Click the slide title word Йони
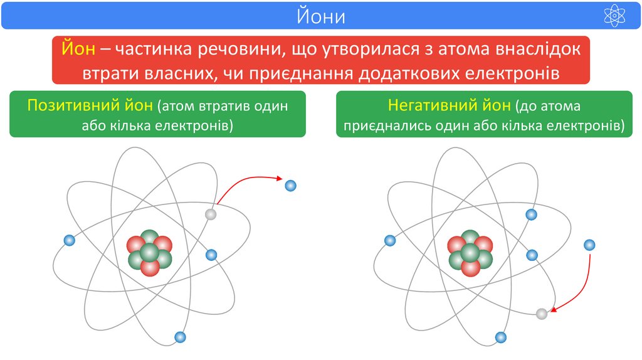point(321,16)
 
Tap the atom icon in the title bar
point(614,16)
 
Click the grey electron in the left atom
point(211,214)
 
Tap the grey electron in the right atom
point(542,314)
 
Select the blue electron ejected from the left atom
point(290,186)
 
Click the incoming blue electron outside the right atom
point(589,245)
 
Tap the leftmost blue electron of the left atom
point(70,240)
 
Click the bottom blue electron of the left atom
point(181,337)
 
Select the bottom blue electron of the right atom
point(500,337)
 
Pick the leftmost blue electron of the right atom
point(390,240)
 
